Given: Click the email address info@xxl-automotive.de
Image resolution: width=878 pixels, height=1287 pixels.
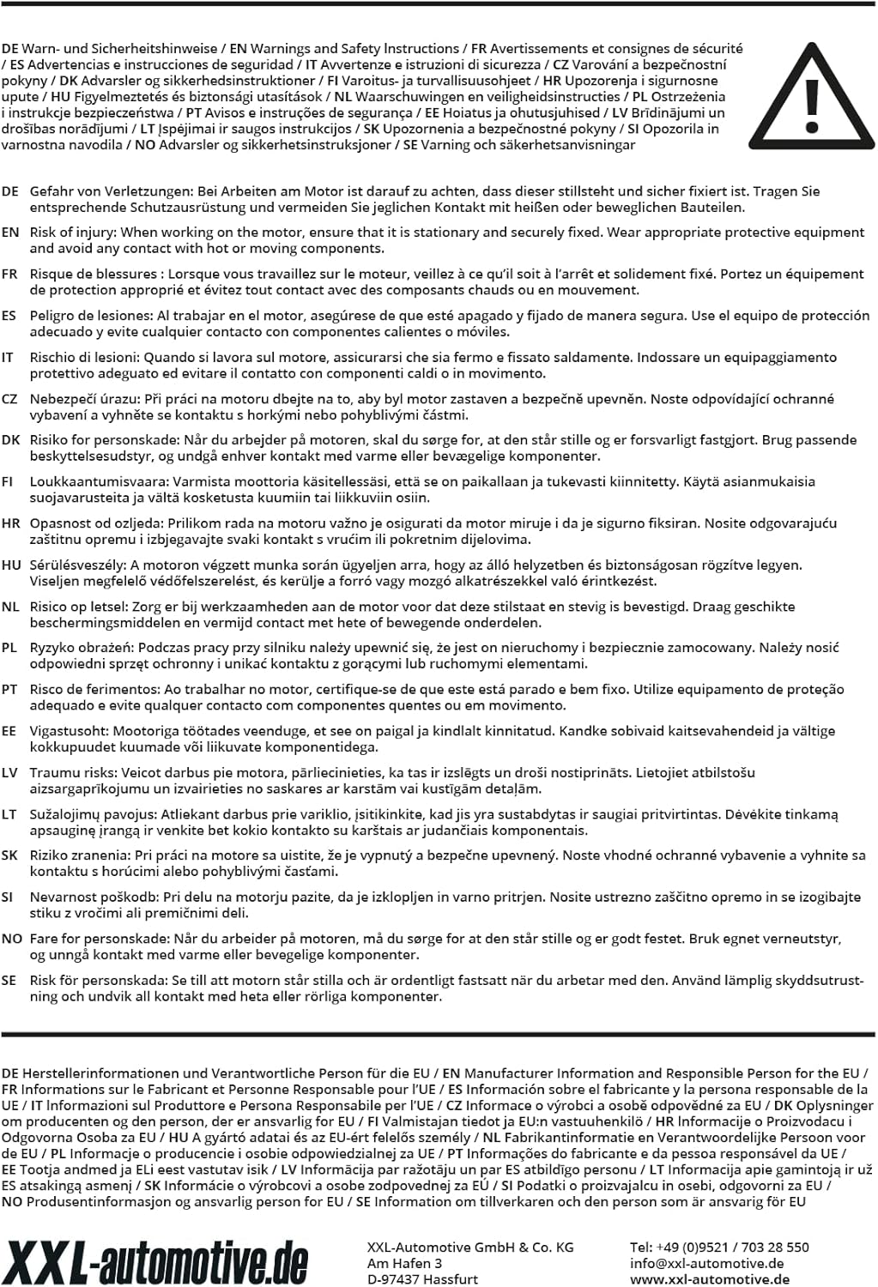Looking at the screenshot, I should [706, 1263].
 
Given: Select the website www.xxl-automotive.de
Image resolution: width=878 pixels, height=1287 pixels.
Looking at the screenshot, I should [709, 1279].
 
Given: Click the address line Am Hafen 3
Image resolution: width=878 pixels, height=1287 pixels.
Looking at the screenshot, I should [404, 1263].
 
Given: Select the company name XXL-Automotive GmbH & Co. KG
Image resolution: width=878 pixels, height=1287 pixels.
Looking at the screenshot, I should [470, 1247].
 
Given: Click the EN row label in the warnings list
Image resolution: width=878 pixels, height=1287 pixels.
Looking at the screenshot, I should [10, 233].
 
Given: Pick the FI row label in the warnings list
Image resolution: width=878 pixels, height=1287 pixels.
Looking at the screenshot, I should [8, 482].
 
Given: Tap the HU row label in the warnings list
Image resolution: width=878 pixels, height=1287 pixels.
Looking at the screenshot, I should [11, 565].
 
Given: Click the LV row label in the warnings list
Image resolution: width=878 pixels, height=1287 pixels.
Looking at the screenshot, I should [9, 773].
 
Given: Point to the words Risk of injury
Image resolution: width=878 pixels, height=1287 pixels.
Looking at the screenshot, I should [72, 233].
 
